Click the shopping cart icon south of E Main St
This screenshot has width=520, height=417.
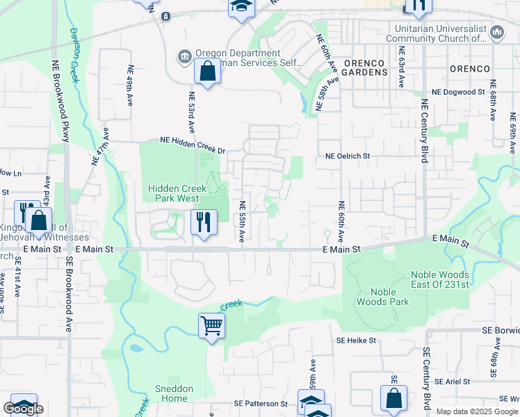coord(211,325)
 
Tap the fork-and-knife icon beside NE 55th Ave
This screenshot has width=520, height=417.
coord(203,222)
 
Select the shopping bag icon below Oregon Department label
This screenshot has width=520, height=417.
coord(208,72)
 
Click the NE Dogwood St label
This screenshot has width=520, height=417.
coord(458,92)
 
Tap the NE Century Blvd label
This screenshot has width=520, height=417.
coord(423,131)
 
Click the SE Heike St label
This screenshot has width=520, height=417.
coord(356,341)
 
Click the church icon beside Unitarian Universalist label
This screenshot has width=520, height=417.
coord(497,32)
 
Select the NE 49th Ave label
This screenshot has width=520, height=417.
coord(130,85)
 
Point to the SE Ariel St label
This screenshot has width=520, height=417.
coord(452,382)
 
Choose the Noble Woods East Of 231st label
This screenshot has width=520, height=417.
coord(450,280)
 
